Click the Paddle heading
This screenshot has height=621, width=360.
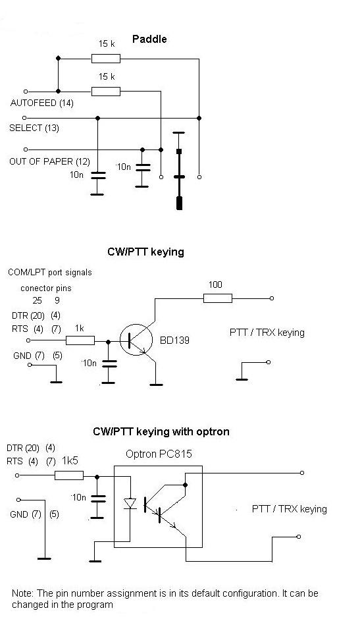149,40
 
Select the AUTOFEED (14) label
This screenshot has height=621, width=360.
42,103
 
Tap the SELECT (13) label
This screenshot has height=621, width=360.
34,128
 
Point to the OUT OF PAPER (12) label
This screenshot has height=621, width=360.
49,161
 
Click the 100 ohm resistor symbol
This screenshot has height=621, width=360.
218,298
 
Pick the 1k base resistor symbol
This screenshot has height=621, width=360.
80,340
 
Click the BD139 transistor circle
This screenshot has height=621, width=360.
136,339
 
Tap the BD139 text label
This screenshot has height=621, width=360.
174,340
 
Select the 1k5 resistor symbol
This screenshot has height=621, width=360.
69,475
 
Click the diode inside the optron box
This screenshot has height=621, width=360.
130,503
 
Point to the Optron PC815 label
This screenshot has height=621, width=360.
159,454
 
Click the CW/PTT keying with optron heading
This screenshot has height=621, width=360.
161,431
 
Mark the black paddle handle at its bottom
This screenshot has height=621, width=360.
179,203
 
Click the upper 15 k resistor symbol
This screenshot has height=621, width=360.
105,59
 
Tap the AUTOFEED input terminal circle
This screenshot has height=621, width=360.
26,92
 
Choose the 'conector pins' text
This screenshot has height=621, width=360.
46,288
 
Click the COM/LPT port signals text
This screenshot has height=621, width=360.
50,273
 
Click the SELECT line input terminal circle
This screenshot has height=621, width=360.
24,118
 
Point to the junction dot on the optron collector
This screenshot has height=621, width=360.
185,485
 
